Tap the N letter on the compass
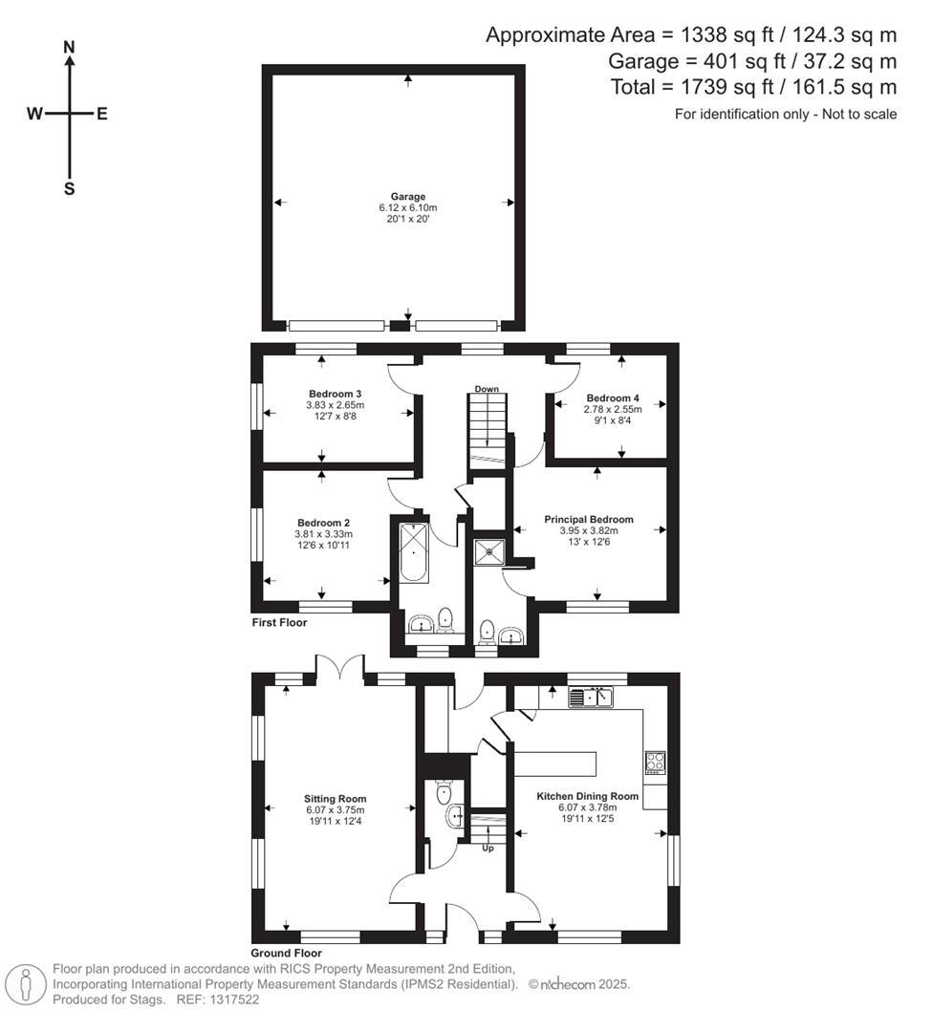pyautogui.click(x=69, y=47)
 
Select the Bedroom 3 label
pyautogui.click(x=335, y=394)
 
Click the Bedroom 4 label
pyautogui.click(x=613, y=398)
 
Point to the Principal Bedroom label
pyautogui.click(x=588, y=519)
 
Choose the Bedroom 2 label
pyautogui.click(x=323, y=523)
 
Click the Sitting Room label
pyautogui.click(x=335, y=799)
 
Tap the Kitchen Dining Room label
pyautogui.click(x=587, y=796)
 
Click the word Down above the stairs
pyautogui.click(x=488, y=389)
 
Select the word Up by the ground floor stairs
pyautogui.click(x=488, y=848)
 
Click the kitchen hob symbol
pyautogui.click(x=656, y=762)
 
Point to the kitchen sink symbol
pyautogui.click(x=591, y=699)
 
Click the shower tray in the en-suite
pyautogui.click(x=490, y=550)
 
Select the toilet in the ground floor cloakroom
pyautogui.click(x=443, y=793)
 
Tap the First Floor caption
pyautogui.click(x=278, y=622)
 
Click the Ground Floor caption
pyautogui.click(x=286, y=953)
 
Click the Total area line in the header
pyautogui.click(x=753, y=87)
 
